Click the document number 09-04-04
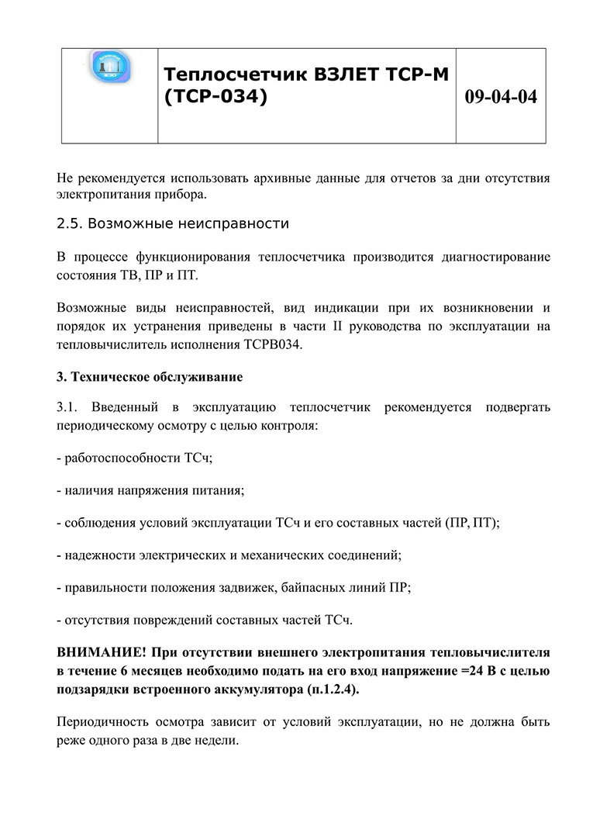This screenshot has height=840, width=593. (x=501, y=98)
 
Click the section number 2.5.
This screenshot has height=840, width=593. (x=69, y=224)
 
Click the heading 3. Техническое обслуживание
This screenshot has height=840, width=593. (x=150, y=378)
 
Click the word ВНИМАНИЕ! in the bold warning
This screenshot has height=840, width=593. (x=101, y=650)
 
